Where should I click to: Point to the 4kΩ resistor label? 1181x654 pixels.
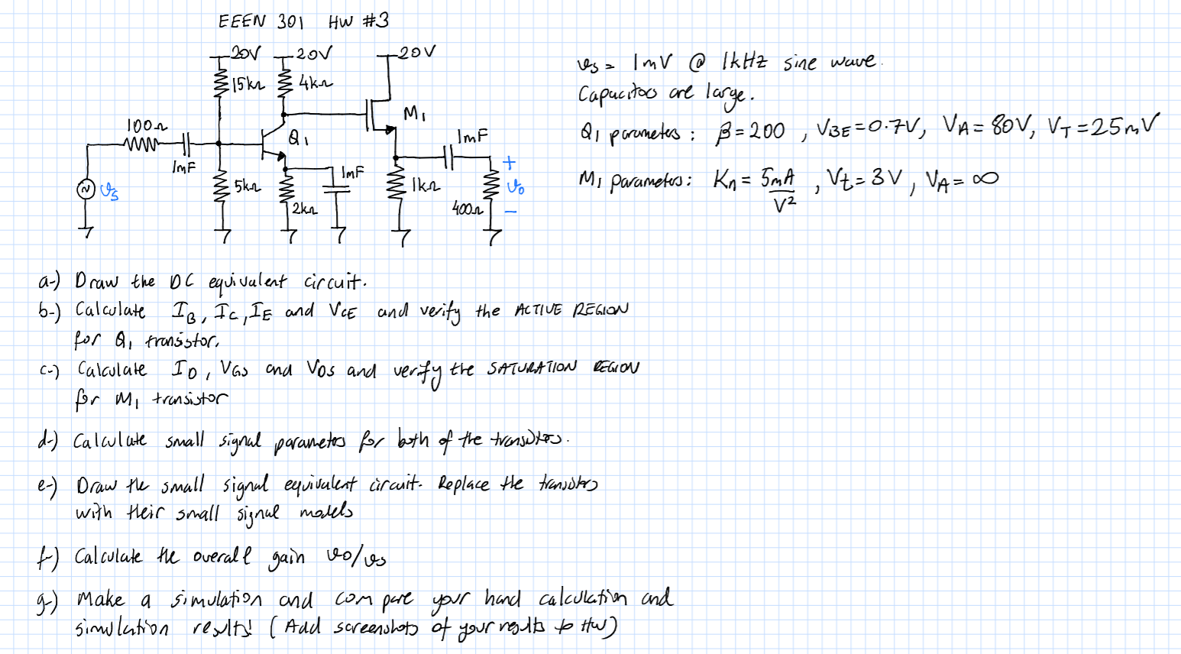(x=315, y=82)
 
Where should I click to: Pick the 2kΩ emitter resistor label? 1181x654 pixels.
(x=304, y=208)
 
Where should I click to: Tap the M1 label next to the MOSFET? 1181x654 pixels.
(x=412, y=115)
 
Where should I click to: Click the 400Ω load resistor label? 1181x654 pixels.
(x=465, y=207)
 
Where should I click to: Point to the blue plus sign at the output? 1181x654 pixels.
(x=510, y=163)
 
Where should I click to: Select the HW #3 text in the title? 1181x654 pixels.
(x=358, y=21)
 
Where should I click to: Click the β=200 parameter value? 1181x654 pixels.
(x=749, y=131)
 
